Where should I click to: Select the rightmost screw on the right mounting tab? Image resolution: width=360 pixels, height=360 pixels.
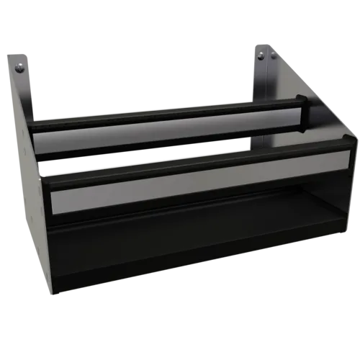(274, 55)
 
